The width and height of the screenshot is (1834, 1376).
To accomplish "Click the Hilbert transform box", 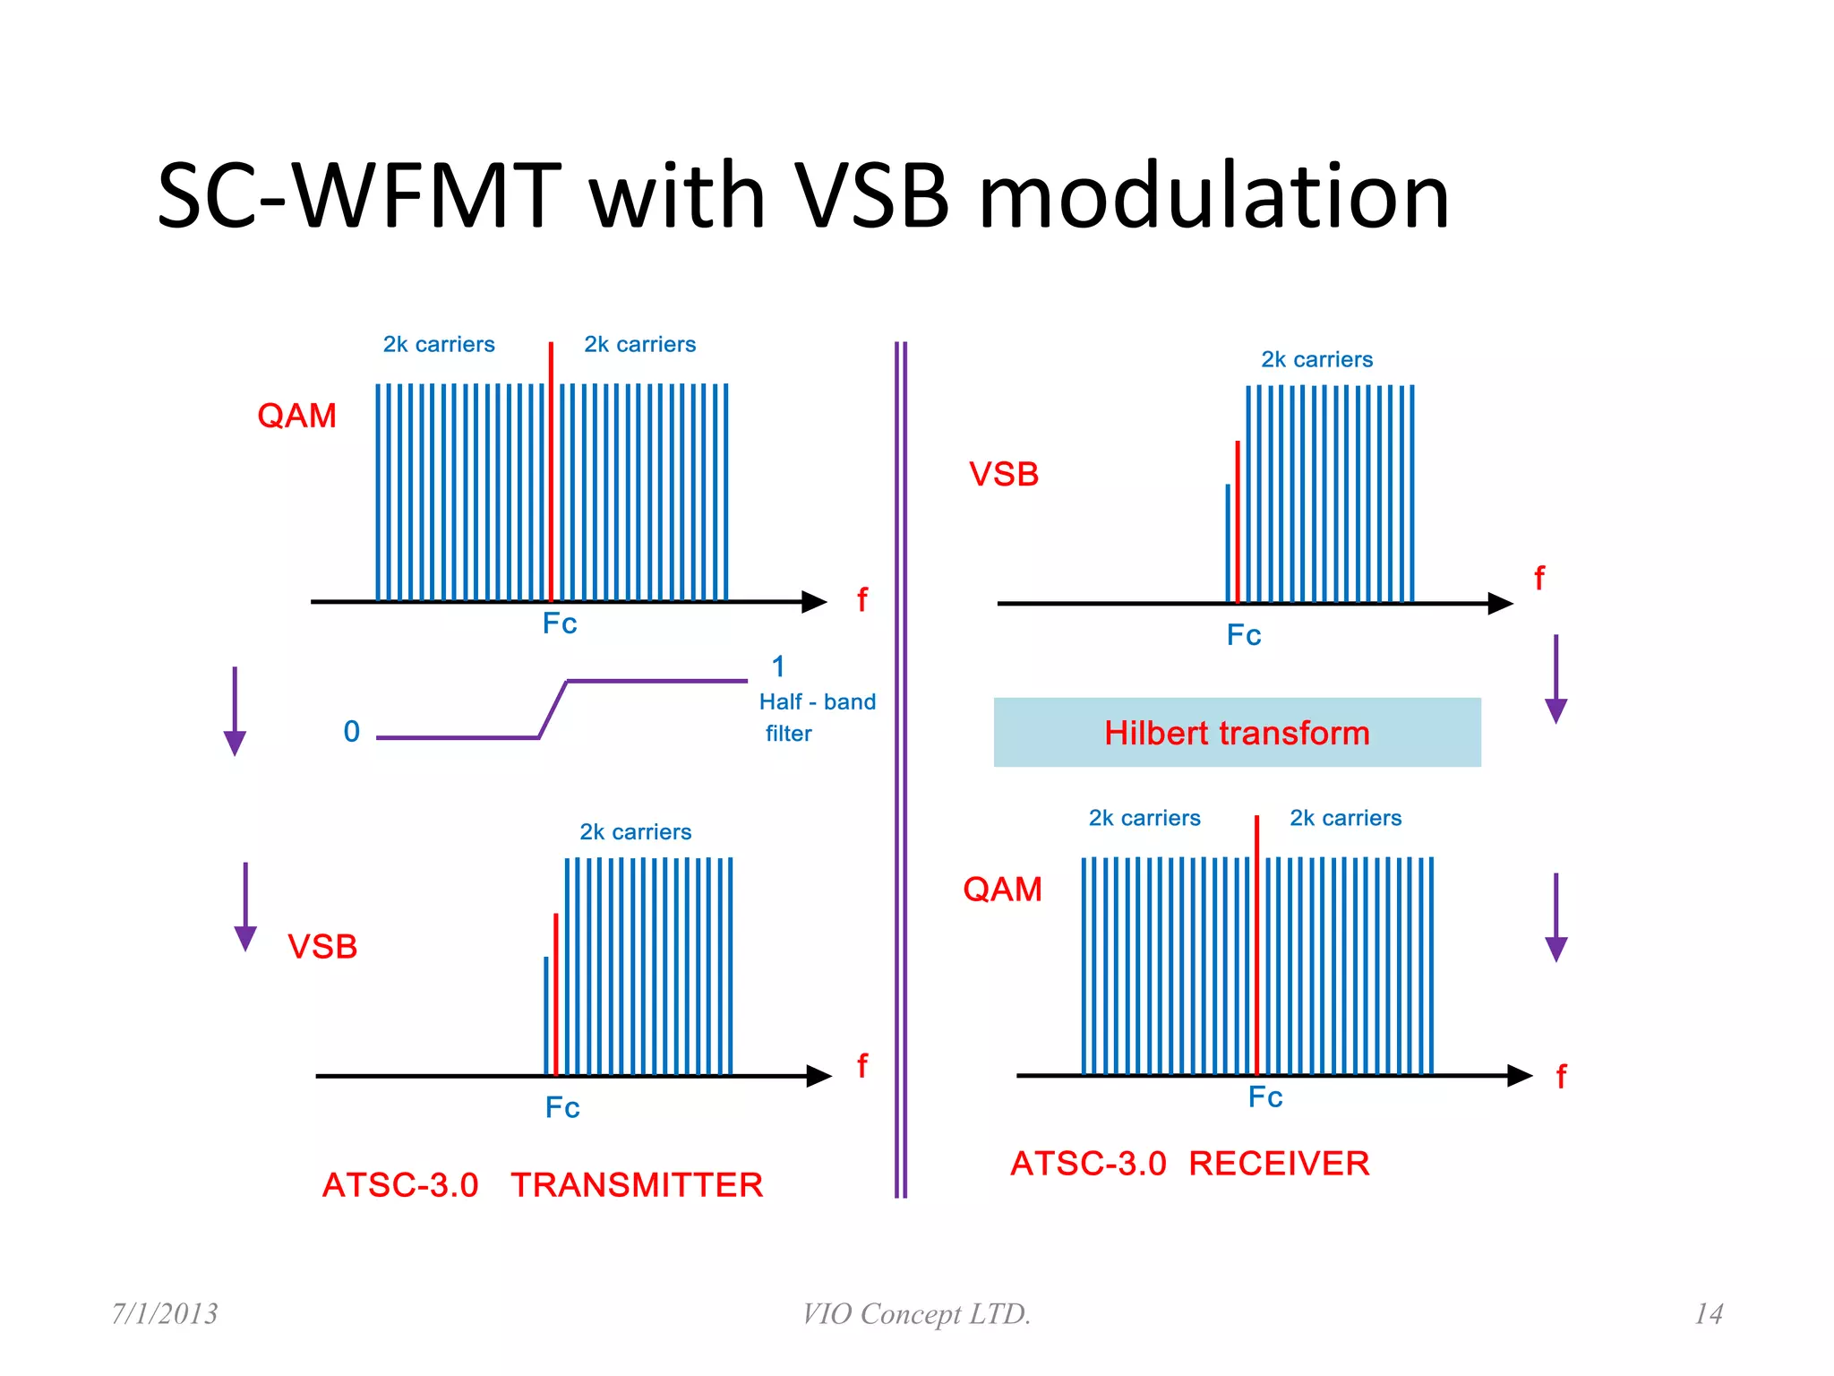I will [x=1237, y=732].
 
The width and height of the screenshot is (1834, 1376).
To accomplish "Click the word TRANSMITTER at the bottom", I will [x=637, y=1185].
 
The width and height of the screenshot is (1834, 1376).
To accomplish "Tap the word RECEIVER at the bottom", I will [x=1279, y=1164].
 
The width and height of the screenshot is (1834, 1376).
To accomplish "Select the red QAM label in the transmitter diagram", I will [x=296, y=416].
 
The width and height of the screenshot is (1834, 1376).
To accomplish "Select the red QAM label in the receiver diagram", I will [x=1002, y=890].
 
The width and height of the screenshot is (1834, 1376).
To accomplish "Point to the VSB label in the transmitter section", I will [x=322, y=947].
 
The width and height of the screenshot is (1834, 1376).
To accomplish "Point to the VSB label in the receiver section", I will [x=1004, y=475].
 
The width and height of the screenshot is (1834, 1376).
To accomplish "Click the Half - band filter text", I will [x=816, y=717].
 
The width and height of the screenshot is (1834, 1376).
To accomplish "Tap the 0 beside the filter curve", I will [x=352, y=732].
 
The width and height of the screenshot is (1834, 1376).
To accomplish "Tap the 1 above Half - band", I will [x=778, y=666].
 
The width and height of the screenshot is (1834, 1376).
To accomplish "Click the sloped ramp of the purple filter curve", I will [x=553, y=709].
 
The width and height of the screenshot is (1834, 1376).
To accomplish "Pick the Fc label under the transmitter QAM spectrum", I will [x=560, y=623].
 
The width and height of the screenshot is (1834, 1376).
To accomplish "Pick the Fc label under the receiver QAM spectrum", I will [x=1265, y=1097].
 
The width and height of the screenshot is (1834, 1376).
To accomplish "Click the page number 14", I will [x=1708, y=1314].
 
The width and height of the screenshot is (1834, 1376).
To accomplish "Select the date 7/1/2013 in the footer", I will [x=165, y=1314].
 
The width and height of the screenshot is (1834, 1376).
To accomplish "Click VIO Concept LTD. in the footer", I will [x=916, y=1314].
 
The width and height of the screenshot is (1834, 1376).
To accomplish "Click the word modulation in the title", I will [x=1213, y=197].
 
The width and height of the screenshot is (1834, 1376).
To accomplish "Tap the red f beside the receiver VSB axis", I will [x=1539, y=579].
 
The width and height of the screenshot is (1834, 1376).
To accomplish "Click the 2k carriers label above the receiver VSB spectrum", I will [x=1316, y=360].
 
